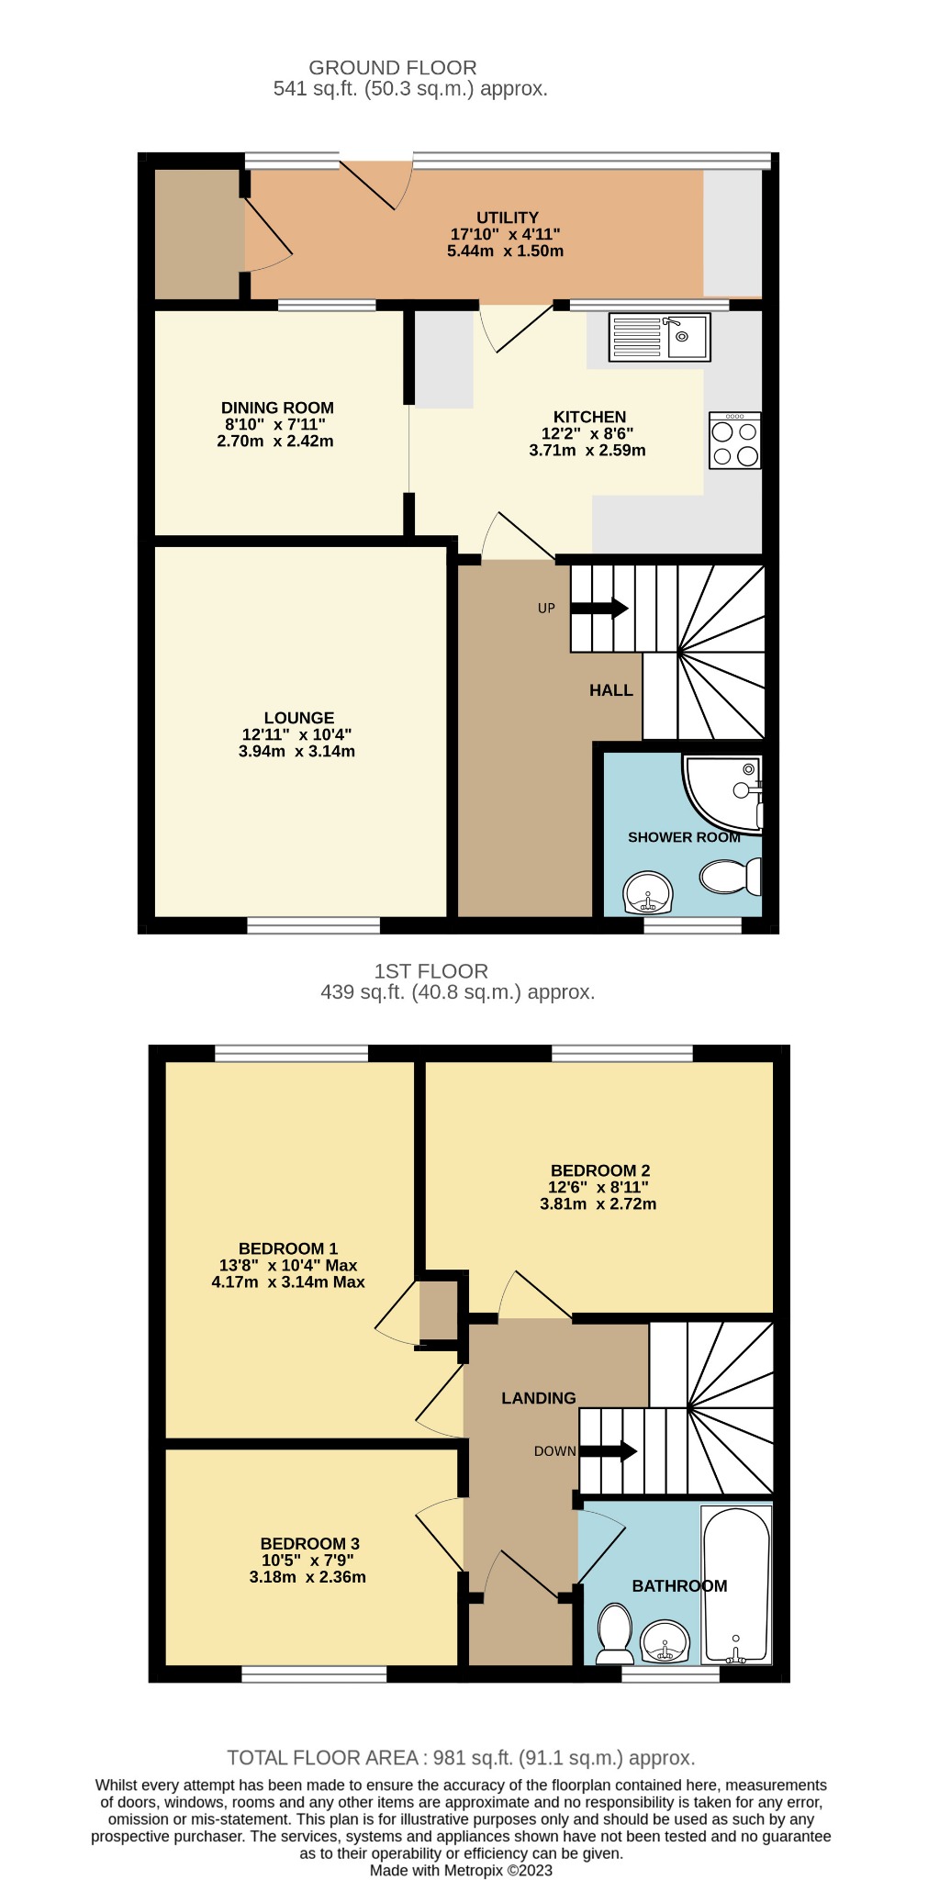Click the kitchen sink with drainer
pyautogui.click(x=659, y=336)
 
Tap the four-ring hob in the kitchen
pyautogui.click(x=734, y=441)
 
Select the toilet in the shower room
pyautogui.click(x=731, y=876)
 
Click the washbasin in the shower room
pyautogui.click(x=649, y=892)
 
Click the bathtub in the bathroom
pyautogui.click(x=735, y=1583)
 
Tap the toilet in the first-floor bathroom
pyautogui.click(x=613, y=1634)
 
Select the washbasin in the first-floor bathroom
pyautogui.click(x=665, y=1640)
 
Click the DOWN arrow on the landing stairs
pyautogui.click(x=609, y=1451)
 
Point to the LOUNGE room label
pyautogui.click(x=299, y=718)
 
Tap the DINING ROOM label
pyautogui.click(x=277, y=408)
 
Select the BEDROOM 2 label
pyautogui.click(x=600, y=1170)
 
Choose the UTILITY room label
pyautogui.click(x=507, y=218)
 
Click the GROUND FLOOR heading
pyautogui.click(x=392, y=67)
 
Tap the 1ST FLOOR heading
pyautogui.click(x=430, y=970)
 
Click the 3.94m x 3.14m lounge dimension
pyautogui.click(x=296, y=751)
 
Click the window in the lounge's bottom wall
pyautogui.click(x=313, y=925)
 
